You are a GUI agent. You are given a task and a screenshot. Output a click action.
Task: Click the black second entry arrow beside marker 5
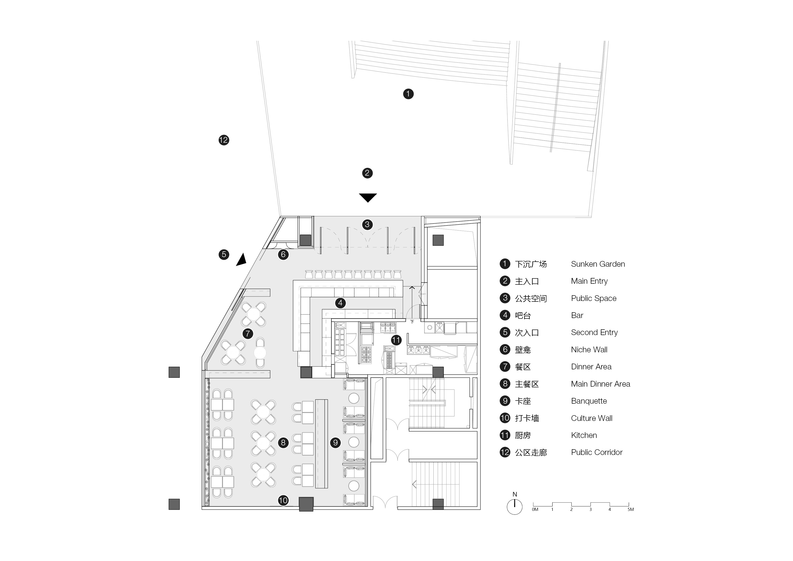(242, 260)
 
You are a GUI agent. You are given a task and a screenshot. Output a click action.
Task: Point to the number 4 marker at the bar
(340, 303)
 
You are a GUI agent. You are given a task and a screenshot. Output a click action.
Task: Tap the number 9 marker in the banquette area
(335, 443)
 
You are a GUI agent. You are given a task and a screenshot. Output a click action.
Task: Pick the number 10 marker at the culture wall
(283, 500)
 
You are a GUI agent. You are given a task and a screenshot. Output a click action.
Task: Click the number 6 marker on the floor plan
(283, 254)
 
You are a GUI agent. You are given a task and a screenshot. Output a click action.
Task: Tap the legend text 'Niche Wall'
(589, 350)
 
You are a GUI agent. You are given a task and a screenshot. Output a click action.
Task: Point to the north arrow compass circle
(514, 507)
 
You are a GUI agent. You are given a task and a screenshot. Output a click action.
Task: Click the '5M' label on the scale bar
(630, 509)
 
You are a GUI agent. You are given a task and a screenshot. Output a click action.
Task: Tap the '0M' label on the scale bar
(535, 509)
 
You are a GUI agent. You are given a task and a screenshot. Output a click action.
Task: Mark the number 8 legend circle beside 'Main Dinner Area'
(505, 384)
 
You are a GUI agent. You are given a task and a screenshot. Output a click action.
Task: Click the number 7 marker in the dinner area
(248, 334)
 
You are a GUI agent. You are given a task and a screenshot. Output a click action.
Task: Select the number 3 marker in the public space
(367, 224)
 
